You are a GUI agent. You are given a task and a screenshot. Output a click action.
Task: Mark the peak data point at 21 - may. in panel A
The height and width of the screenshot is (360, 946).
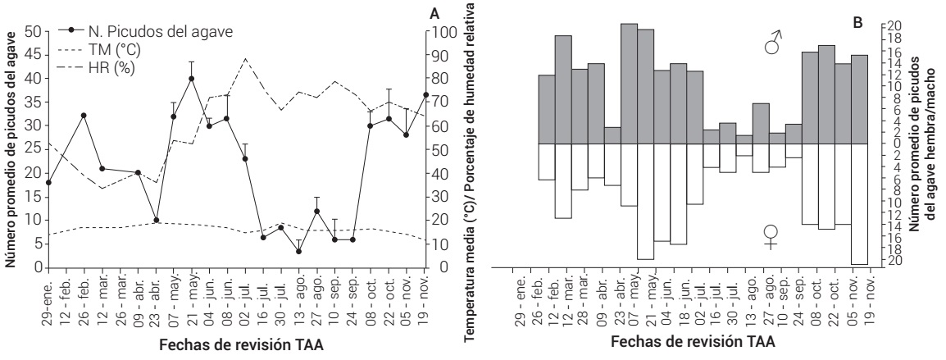point(191,79)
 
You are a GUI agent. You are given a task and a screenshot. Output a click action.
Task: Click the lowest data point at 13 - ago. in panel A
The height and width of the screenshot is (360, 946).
point(299,251)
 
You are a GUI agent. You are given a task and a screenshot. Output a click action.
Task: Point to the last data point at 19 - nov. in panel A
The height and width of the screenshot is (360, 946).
point(425,94)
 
